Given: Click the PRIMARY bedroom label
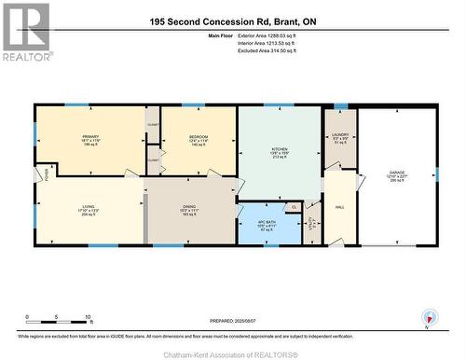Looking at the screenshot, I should point(89,136).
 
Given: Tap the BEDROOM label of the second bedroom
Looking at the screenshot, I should point(199,136).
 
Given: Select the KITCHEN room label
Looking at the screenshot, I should point(280,148).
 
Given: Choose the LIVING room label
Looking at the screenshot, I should point(89,209).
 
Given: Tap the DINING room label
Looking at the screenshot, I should point(189,209).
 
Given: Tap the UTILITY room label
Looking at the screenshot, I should point(312,223).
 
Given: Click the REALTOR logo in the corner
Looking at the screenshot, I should point(25,32).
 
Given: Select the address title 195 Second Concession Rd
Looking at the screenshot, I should point(232,21).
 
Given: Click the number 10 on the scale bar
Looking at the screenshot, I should point(87,318).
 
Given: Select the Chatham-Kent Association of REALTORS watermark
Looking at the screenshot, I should point(233,353).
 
